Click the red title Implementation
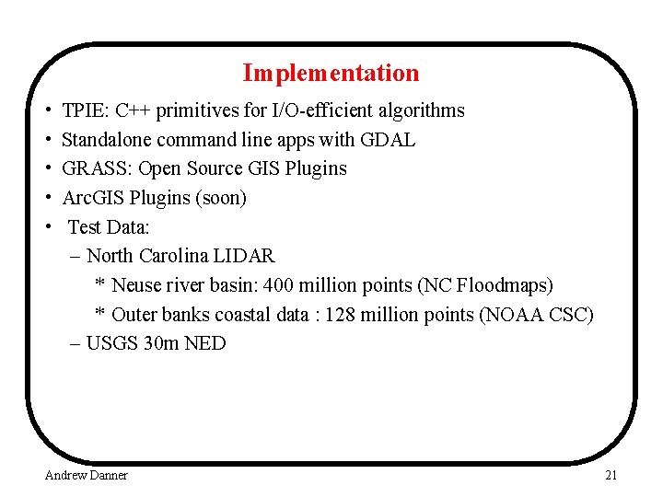pyautogui.click(x=331, y=73)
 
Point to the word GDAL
pyautogui.click(x=390, y=140)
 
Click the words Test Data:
pyautogui.click(x=109, y=226)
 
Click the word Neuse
pyautogui.click(x=138, y=285)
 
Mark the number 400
pyautogui.click(x=278, y=285)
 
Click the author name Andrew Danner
pyautogui.click(x=87, y=475)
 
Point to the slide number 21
pyautogui.click(x=611, y=475)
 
